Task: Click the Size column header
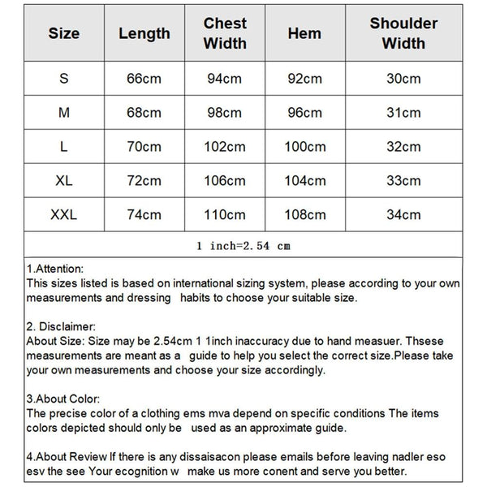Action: point(64,33)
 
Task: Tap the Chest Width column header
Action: point(225,33)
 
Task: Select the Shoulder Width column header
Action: point(403,33)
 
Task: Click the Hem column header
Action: point(304,33)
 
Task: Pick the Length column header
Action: point(144,33)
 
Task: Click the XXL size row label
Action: point(64,215)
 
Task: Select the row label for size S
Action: point(64,79)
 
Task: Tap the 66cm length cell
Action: point(144,79)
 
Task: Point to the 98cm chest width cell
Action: point(225,113)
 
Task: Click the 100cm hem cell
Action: point(304,147)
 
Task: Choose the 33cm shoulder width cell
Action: point(403,181)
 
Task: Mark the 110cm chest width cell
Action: point(225,215)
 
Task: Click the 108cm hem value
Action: point(304,215)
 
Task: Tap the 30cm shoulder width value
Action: point(403,79)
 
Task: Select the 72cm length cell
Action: point(144,181)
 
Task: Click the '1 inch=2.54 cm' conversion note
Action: point(243,244)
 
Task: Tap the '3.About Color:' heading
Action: point(63,399)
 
